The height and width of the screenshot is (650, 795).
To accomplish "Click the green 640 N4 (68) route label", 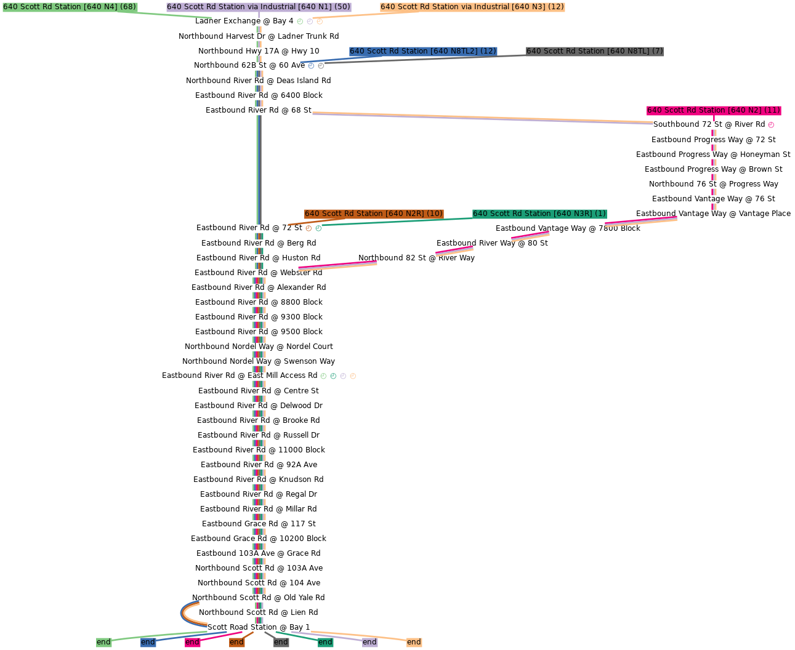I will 70,7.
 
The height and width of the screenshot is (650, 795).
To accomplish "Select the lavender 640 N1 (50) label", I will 259,7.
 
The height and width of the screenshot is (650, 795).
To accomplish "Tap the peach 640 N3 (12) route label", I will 472,7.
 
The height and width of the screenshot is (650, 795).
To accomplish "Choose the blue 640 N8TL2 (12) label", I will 422,51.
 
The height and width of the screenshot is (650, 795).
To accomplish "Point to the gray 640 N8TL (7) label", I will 594,51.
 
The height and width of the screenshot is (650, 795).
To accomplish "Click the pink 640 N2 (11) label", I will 714,110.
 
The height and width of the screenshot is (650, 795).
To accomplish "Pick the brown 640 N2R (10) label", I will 373,214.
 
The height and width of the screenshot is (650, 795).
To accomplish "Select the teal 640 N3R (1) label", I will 539,214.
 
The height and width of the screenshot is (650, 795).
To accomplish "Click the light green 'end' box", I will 103,642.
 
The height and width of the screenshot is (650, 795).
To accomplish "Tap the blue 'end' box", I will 148,642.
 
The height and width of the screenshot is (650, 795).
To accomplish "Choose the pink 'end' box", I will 192,642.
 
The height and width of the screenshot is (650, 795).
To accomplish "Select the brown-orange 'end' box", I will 236,642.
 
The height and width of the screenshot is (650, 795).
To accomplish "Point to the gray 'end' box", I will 281,642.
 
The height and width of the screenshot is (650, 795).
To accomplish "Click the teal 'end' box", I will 325,642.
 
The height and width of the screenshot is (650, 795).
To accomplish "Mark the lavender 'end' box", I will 369,642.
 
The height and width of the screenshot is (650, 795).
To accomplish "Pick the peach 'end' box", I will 414,642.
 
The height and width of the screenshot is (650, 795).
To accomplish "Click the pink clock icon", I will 771,125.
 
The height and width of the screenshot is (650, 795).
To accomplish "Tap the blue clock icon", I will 311,66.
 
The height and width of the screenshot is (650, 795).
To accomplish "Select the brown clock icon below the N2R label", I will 309,228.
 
